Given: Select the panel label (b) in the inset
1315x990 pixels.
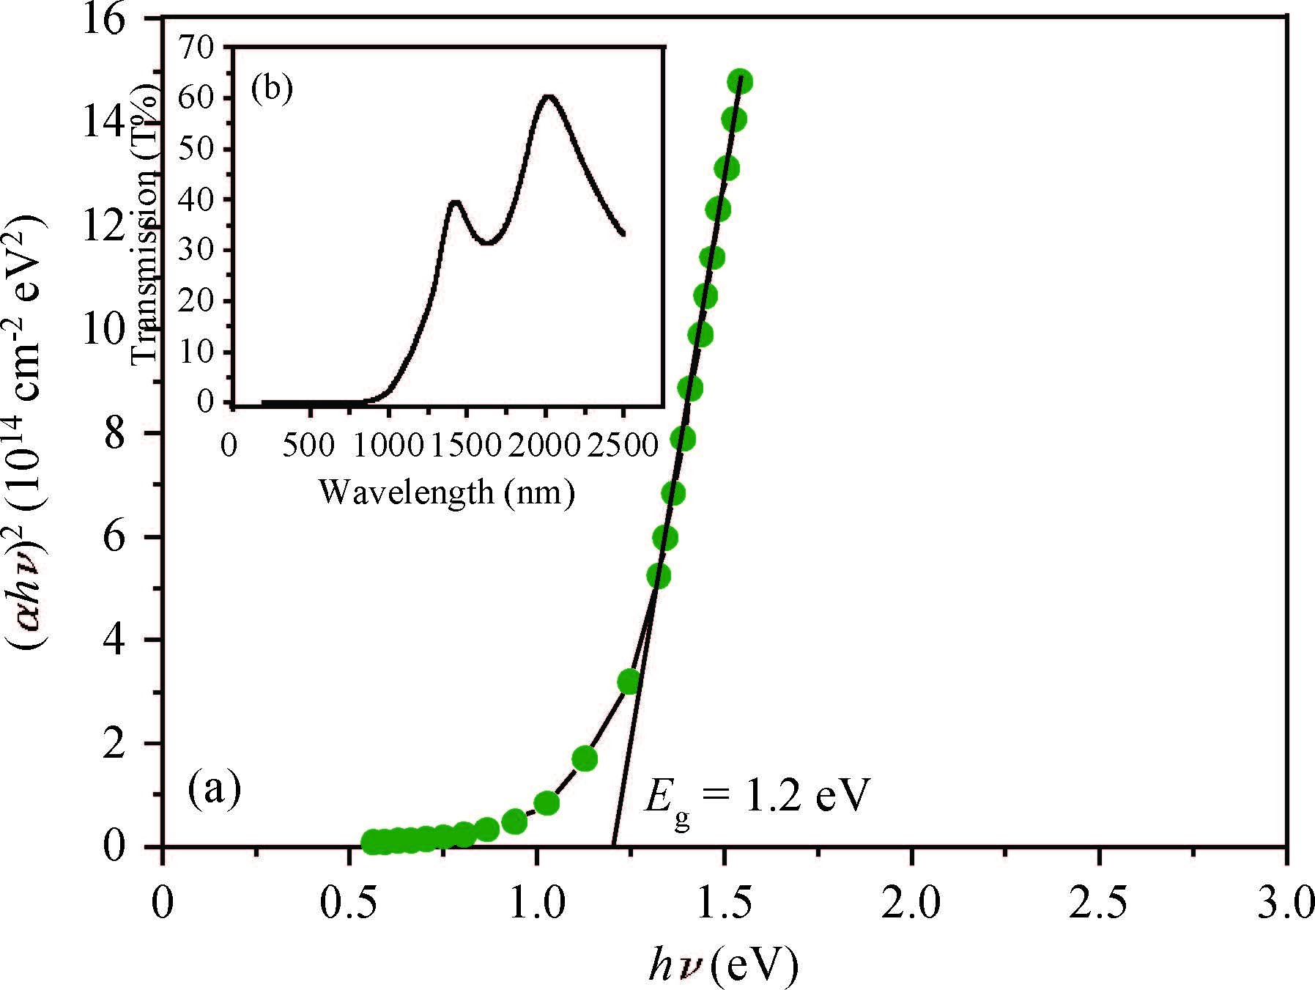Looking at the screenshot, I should pos(271,89).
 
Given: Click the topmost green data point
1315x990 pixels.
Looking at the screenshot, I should pos(740,81).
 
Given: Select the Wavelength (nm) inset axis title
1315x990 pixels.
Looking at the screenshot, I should pos(446,491).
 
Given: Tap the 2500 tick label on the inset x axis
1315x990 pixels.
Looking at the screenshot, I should pos(622,444).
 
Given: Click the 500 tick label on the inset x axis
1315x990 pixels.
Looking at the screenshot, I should pos(309,444).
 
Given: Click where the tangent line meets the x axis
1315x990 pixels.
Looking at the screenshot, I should pos(613,846).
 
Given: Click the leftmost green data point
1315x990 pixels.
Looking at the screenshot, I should pos(372,842).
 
